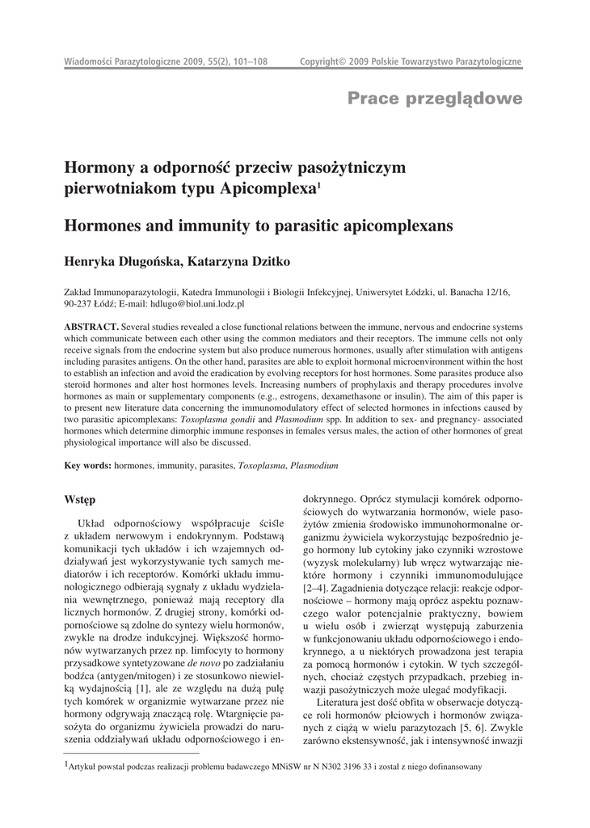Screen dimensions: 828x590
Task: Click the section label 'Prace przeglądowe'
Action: coord(435,99)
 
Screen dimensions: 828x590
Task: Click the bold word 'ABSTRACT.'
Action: coord(92,326)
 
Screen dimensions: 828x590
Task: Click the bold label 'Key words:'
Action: coord(88,467)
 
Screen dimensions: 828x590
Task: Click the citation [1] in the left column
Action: coord(142,665)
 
